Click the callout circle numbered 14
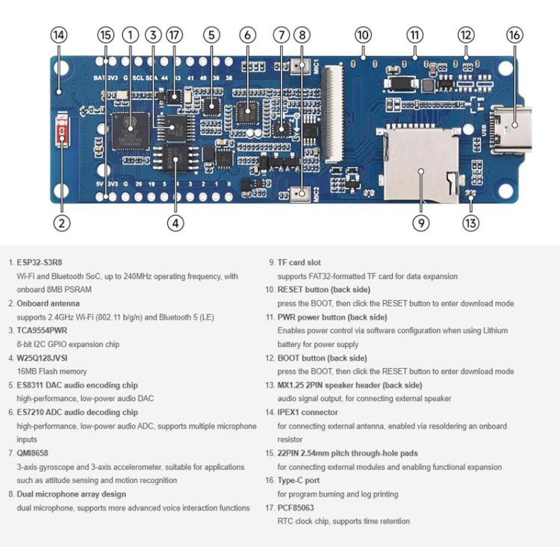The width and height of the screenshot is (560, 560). (59, 35)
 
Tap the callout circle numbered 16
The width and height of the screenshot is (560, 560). (514, 35)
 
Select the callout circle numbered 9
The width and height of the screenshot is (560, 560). (420, 222)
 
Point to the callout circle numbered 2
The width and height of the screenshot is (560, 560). (62, 222)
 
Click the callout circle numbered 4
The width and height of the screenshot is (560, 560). (175, 222)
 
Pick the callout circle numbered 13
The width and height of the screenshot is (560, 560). (470, 222)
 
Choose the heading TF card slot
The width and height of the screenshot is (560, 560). (299, 263)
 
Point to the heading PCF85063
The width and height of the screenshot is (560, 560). (296, 508)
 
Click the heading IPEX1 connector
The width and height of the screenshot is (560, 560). (308, 412)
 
